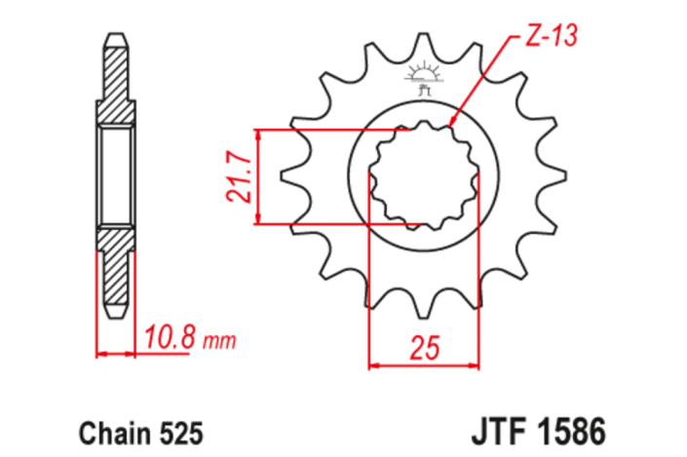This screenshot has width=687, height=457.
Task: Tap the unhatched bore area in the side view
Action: tap(115, 176)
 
